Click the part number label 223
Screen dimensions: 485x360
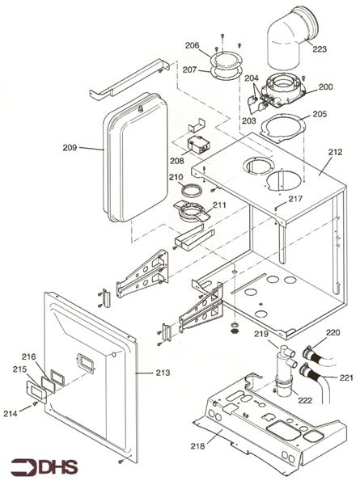[320, 49]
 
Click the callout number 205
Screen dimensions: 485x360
[320, 114]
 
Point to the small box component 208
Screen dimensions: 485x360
[197, 149]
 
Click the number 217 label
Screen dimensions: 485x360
[295, 199]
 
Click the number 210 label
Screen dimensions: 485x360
[176, 177]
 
